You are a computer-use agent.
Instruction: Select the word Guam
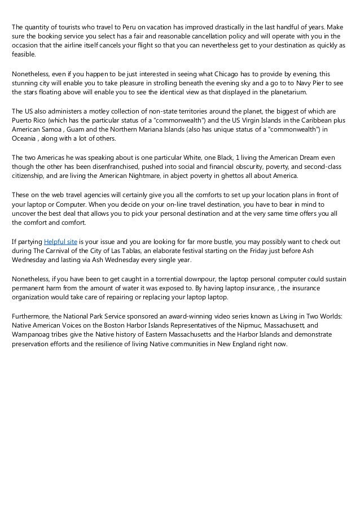pos(73,130)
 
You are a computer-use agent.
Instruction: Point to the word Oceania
pos(25,139)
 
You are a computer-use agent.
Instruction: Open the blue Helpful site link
pos(60,241)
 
